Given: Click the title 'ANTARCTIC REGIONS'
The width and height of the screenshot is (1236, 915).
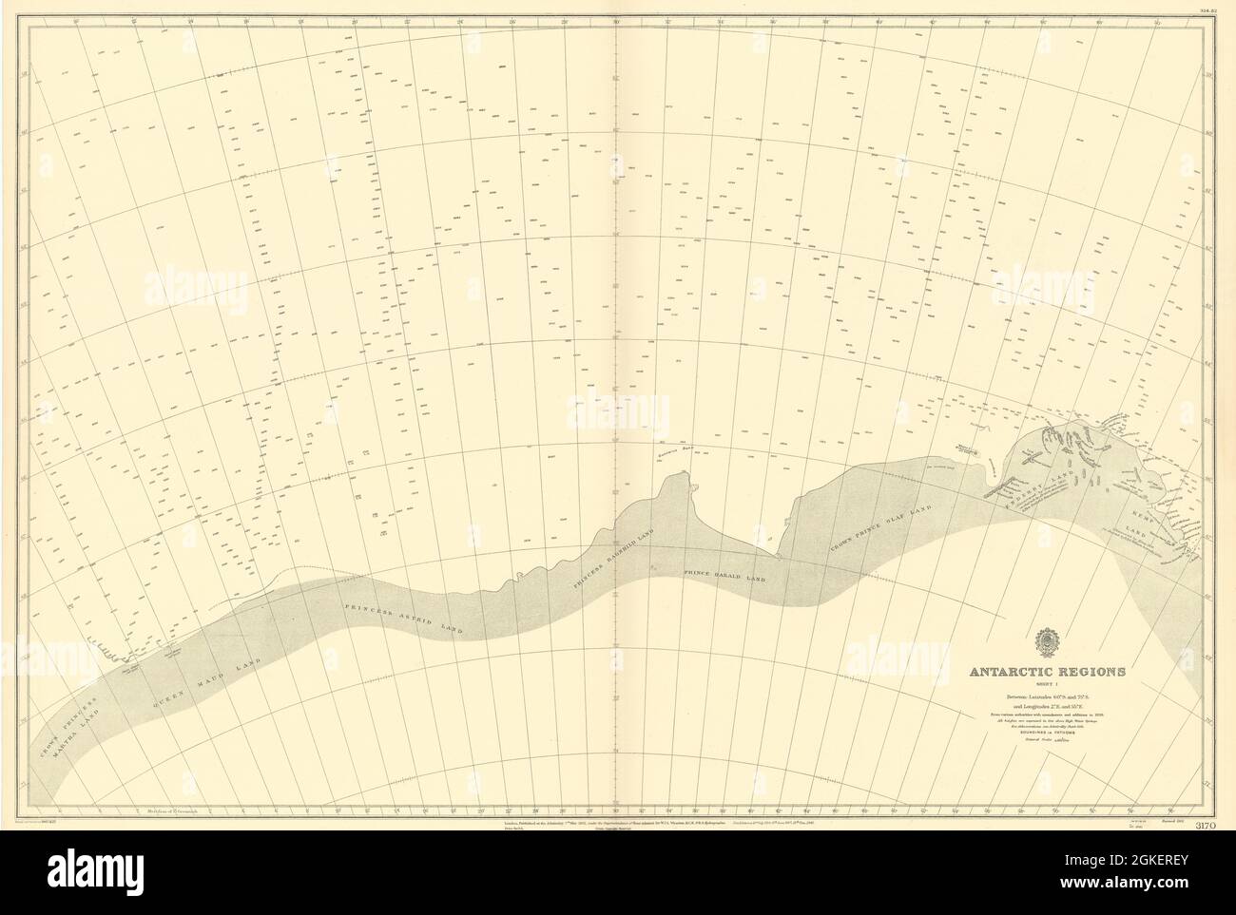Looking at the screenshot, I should pos(1046,671).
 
